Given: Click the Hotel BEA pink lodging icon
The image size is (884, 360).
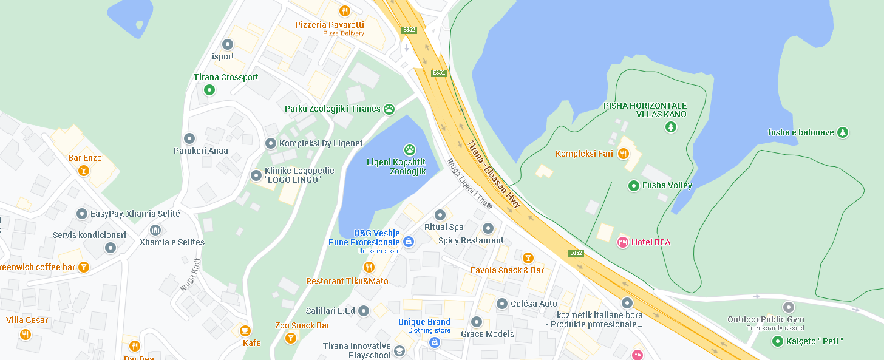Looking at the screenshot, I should [622, 242].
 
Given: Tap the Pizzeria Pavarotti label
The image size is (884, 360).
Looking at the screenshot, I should [330, 25].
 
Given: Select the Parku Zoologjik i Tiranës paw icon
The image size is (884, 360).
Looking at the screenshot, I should [389, 109].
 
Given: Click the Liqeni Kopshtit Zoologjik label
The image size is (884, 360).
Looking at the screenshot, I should [396, 166].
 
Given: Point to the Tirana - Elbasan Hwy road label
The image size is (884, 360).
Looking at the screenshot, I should [494, 174].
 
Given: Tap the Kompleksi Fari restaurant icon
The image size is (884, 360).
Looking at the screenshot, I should [623, 154].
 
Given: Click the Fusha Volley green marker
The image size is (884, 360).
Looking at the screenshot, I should [634, 185].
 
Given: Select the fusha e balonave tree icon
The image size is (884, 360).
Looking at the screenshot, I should [842, 132].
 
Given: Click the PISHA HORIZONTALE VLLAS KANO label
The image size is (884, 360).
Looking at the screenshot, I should [645, 110].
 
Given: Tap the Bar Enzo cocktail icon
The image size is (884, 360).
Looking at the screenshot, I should [84, 171].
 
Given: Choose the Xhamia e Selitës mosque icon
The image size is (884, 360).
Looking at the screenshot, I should [155, 230].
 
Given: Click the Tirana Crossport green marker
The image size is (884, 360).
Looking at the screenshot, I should [209, 90].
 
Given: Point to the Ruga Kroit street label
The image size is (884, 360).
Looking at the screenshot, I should [190, 275].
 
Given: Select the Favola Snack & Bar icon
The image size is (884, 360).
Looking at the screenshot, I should [528, 258].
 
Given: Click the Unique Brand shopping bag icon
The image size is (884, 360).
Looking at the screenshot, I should [434, 342].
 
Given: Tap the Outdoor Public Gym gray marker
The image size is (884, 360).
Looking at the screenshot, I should [788, 307].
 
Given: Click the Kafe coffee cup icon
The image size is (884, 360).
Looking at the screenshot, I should [245, 331].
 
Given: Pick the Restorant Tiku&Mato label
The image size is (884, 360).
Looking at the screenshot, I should [347, 281].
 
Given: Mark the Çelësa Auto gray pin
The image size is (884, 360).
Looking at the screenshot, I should [502, 304].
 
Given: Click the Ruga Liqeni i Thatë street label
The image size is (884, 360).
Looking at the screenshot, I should [469, 183].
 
